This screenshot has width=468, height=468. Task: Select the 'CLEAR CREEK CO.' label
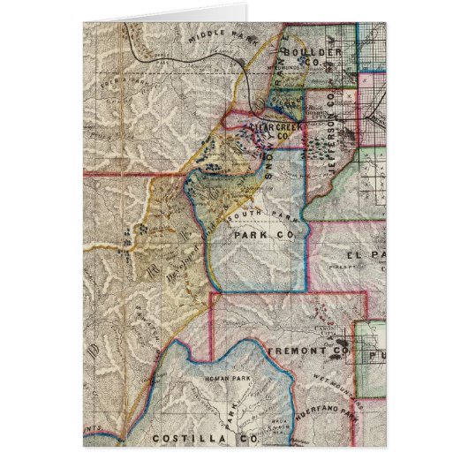[277, 133]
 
